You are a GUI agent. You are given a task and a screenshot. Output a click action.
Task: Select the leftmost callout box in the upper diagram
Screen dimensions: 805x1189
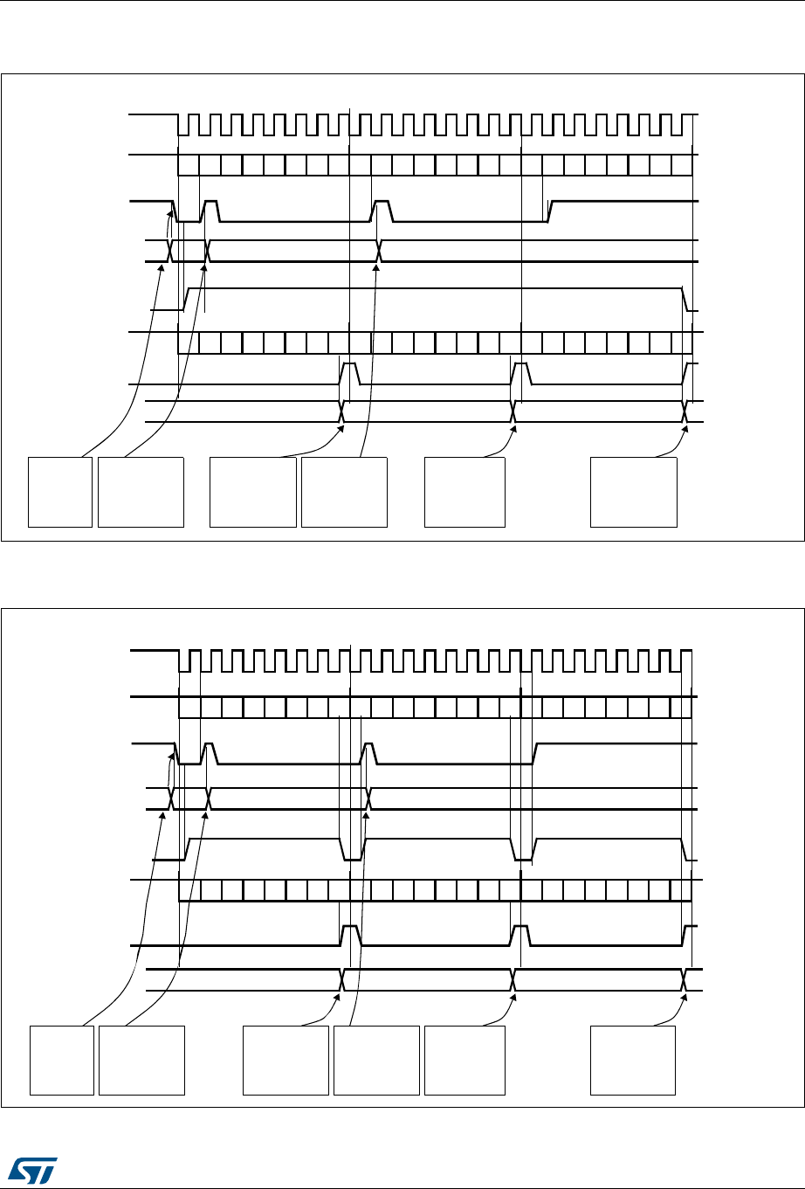coord(60,490)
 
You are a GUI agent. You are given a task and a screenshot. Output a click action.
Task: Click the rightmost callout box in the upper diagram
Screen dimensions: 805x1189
coord(634,490)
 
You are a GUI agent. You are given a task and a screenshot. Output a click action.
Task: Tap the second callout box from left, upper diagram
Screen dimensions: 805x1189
coord(141,490)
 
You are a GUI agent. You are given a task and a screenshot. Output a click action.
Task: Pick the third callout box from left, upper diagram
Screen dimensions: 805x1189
coord(253,490)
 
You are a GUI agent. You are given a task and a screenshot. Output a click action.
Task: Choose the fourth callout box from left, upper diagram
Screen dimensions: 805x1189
coord(344,490)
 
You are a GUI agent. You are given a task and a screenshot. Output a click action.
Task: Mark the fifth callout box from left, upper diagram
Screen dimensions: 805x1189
coord(464,490)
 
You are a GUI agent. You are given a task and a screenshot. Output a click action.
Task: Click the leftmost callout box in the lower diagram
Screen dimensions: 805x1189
coord(62,1061)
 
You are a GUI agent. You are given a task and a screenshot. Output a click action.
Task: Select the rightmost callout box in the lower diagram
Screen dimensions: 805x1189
coord(633,1061)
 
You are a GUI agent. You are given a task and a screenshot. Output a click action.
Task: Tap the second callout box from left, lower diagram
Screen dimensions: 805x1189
coord(141,1061)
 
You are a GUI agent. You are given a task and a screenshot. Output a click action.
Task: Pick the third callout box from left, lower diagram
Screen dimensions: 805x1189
coord(286,1061)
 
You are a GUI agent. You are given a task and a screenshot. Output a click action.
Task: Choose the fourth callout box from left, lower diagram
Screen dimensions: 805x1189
coord(376,1061)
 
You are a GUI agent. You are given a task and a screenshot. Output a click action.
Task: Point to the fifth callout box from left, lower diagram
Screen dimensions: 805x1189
coord(464,1061)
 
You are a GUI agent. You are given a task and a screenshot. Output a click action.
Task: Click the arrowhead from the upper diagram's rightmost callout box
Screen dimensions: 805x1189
coord(684,427)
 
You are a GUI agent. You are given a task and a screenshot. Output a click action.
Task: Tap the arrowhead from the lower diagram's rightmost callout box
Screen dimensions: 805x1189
coord(684,997)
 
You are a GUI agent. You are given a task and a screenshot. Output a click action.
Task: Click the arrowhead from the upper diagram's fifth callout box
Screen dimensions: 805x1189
coord(513,427)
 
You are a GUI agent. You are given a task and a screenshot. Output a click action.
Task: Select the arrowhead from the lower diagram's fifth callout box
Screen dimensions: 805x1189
coord(513,997)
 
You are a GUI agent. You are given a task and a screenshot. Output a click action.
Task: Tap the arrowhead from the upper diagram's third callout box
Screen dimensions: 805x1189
coord(341,427)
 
